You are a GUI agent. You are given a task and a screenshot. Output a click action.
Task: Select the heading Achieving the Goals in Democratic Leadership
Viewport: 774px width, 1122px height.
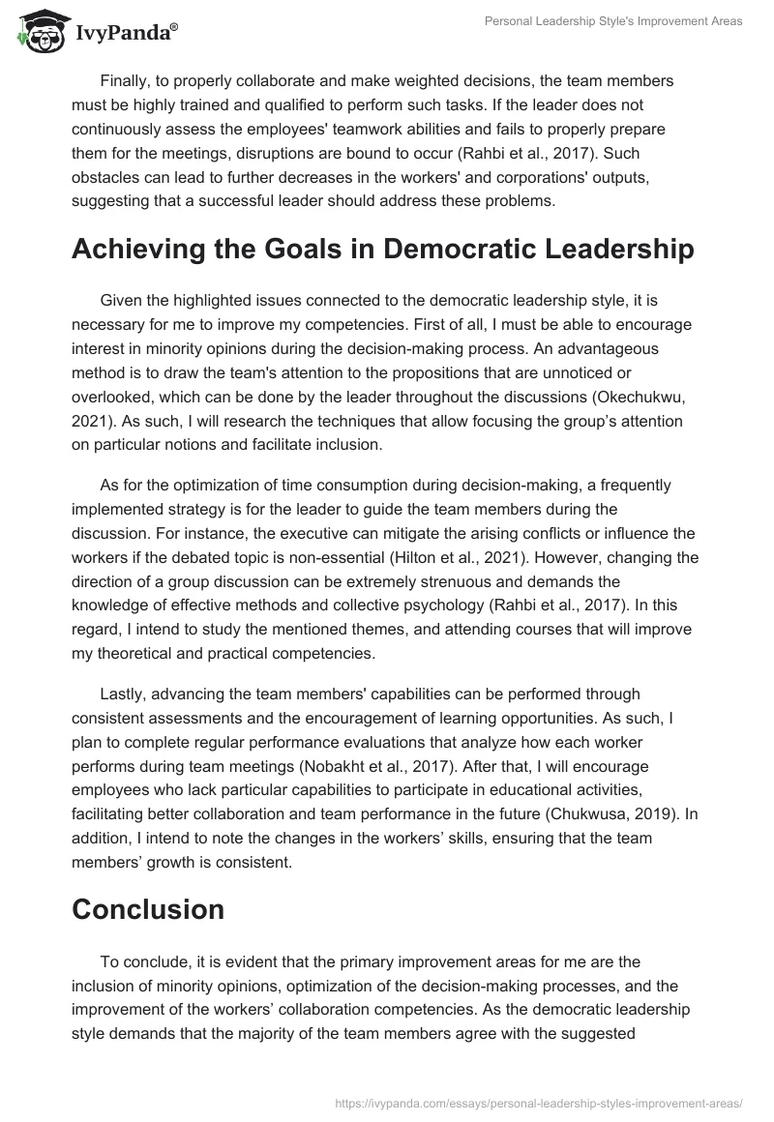click(382, 249)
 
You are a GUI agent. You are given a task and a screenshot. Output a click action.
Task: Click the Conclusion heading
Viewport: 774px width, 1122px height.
click(148, 909)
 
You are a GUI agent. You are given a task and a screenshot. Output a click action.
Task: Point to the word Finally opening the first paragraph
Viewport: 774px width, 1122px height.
click(126, 80)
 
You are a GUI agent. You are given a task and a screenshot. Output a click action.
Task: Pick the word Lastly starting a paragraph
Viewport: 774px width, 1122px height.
click(124, 694)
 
